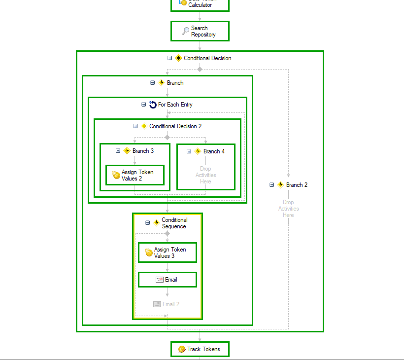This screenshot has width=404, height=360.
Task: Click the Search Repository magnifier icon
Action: [x=185, y=31]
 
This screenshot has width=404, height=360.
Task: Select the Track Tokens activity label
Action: [x=201, y=349]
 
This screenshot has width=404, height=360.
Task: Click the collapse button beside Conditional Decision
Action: [x=170, y=58]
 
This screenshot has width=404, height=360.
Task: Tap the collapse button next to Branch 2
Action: [x=271, y=185]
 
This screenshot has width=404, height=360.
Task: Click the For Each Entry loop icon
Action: [x=153, y=105]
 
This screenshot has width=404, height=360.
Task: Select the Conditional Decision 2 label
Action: [x=175, y=126]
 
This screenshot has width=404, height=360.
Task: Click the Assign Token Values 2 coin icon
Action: [x=116, y=175]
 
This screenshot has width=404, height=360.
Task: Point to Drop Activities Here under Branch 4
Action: [x=205, y=175]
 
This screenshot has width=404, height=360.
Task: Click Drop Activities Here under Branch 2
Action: [x=288, y=209]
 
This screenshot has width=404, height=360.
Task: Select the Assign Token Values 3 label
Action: [x=169, y=252]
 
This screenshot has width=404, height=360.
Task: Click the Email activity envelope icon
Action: [x=160, y=280]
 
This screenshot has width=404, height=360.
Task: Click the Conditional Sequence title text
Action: [x=174, y=223]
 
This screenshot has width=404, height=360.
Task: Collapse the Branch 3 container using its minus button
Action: [x=118, y=151]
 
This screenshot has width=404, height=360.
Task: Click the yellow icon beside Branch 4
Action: [x=198, y=151]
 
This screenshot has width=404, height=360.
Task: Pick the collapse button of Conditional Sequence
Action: [x=148, y=223]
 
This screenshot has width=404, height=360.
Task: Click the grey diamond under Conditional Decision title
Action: [x=200, y=69]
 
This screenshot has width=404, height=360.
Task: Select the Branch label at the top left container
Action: [x=175, y=83]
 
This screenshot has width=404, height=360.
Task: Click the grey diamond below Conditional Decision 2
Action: [x=167, y=137]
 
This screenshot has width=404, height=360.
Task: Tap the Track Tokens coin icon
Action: [x=182, y=349]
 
